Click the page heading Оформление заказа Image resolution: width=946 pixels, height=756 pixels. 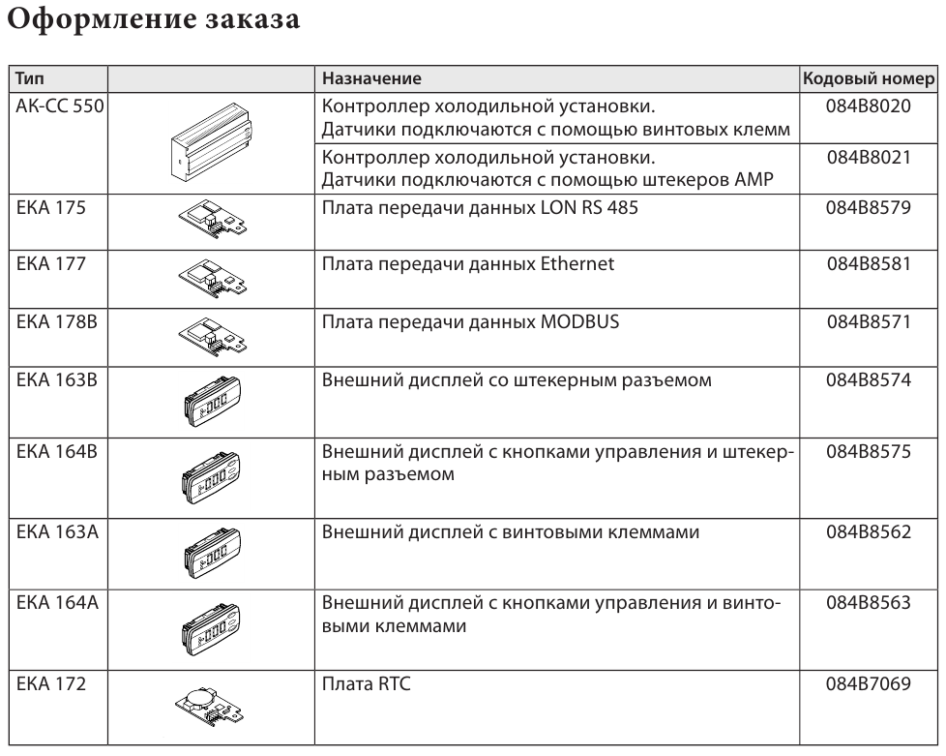(153, 19)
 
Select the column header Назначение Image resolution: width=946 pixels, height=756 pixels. (371, 78)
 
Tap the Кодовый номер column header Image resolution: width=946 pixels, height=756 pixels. (869, 78)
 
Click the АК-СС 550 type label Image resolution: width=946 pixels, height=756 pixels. (60, 106)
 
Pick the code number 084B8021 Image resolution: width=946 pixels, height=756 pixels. (869, 158)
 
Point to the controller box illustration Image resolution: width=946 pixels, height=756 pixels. (211, 142)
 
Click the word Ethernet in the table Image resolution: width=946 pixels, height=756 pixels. (577, 264)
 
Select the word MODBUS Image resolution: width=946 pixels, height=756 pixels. (579, 321)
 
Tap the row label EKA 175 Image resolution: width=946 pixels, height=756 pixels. (51, 208)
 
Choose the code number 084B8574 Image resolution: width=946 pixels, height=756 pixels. (869, 380)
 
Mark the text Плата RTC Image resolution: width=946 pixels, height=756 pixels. (367, 684)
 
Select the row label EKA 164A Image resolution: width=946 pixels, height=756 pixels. (57, 603)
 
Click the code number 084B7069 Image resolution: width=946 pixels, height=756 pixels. (869, 684)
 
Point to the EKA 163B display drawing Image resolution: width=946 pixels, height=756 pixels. (212, 401)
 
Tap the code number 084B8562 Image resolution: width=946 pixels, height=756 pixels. (869, 532)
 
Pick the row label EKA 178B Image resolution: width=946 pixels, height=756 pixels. (57, 321)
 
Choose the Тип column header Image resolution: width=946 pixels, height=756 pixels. (30, 78)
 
